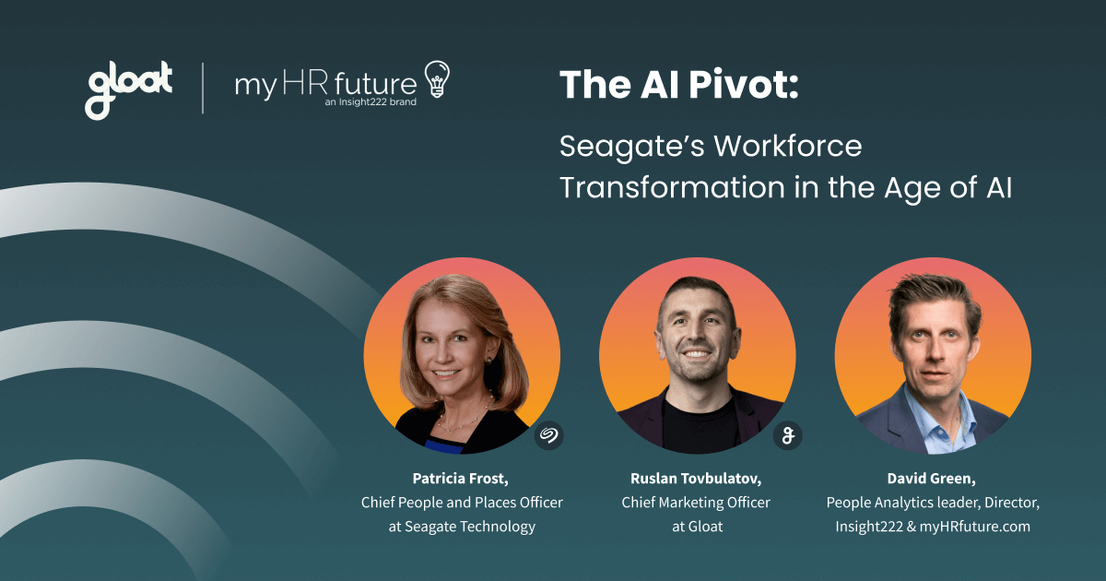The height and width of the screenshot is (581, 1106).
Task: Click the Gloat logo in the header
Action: pos(129,89)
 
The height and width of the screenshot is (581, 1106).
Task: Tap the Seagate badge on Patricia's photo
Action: pos(549,434)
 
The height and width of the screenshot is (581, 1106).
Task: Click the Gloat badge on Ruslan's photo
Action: pos(787,434)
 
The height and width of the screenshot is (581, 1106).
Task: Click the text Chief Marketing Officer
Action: pos(696,503)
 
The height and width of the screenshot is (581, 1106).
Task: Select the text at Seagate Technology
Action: pos(461,527)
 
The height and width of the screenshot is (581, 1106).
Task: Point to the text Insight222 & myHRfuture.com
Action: pos(932,527)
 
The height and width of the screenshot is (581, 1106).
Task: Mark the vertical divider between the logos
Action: pos(203,88)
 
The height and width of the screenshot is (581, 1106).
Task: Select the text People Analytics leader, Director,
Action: pos(932,503)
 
